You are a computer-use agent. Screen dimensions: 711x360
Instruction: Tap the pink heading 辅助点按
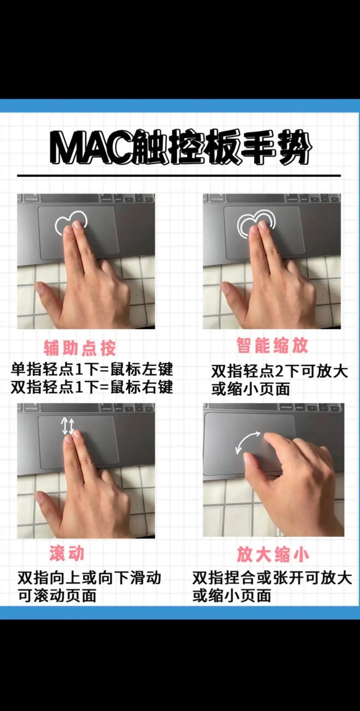[80, 348]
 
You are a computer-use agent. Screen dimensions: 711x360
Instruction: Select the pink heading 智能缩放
[272, 346]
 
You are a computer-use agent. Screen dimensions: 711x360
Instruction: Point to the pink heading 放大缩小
[273, 555]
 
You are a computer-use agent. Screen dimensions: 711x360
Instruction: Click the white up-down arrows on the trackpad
[68, 426]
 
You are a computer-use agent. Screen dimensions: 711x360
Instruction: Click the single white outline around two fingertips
[72, 222]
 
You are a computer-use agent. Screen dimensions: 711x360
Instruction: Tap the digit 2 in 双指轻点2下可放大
[279, 372]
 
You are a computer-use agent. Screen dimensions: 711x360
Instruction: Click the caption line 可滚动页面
[57, 596]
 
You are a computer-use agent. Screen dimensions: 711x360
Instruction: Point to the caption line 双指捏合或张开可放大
[272, 578]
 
